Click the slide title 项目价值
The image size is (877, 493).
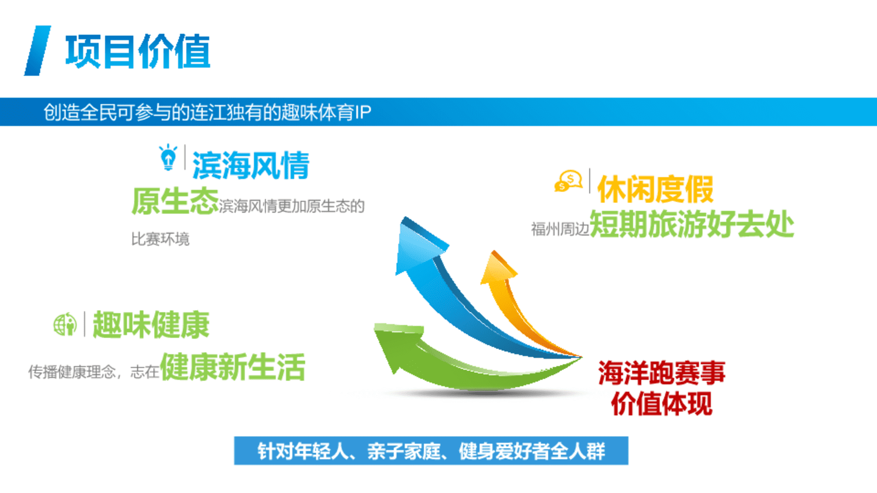pyautogui.click(x=137, y=51)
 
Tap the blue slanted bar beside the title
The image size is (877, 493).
pyautogui.click(x=37, y=50)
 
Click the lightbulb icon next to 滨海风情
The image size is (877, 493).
pyautogui.click(x=168, y=157)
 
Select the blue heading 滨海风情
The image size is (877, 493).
pyautogui.click(x=251, y=165)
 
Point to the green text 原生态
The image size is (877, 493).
pyautogui.click(x=175, y=201)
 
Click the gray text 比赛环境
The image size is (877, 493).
pyautogui.click(x=160, y=239)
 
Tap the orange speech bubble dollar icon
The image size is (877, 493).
pyautogui.click(x=568, y=181)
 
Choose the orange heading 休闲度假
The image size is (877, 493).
pyautogui.click(x=655, y=189)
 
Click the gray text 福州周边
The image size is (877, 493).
pyautogui.click(x=560, y=229)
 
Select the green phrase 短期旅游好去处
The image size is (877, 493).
pyautogui.click(x=692, y=224)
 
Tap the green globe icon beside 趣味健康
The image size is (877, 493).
pyautogui.click(x=65, y=325)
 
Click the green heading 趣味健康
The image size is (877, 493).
pyautogui.click(x=151, y=325)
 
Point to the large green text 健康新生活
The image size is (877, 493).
pyautogui.click(x=232, y=367)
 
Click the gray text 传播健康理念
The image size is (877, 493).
pyautogui.click(x=72, y=372)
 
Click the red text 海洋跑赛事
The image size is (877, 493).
pyautogui.click(x=661, y=373)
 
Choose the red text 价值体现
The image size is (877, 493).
pyautogui.click(x=661, y=404)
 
